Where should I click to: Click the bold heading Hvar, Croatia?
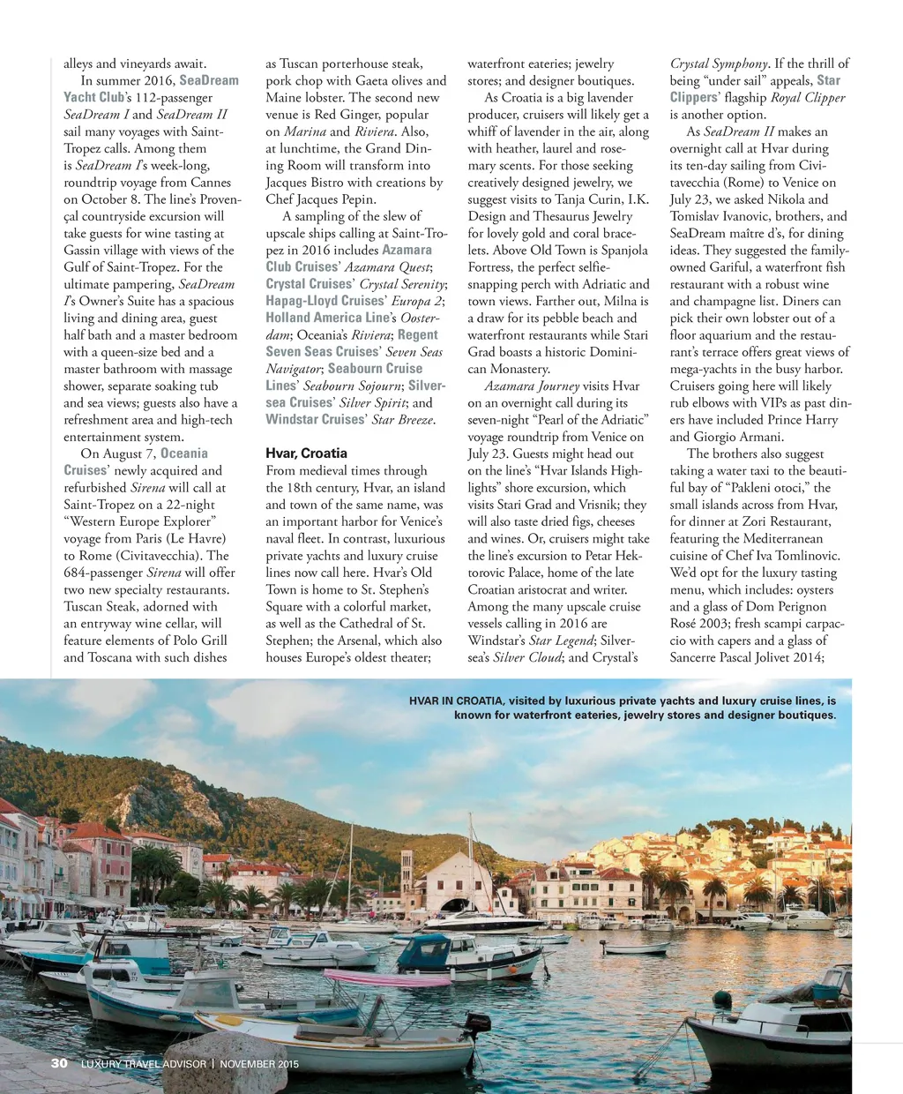tap(306, 453)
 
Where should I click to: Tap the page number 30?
tap(59, 1063)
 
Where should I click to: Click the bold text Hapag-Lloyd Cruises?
tap(325, 301)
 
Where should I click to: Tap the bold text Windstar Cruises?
tap(315, 420)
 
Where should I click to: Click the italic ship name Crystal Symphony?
tap(719, 64)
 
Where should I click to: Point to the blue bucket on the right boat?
tap(825, 992)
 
